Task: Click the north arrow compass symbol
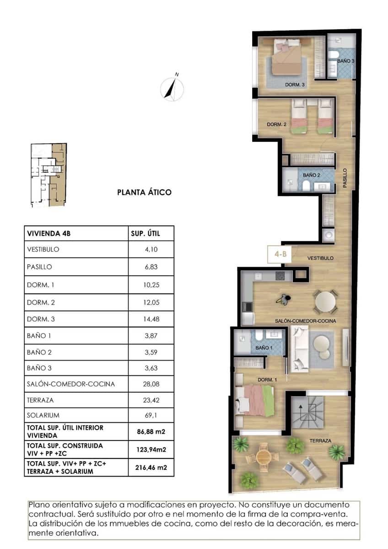tap(172, 87)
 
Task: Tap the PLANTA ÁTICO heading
tap(145, 192)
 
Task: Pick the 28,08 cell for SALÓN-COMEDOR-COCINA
tap(151, 384)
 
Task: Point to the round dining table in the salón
tap(325, 301)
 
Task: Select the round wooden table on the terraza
tap(264, 456)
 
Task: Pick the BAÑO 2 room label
tap(311, 175)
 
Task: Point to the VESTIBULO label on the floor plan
tap(320, 258)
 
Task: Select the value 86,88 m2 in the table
tap(151, 431)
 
